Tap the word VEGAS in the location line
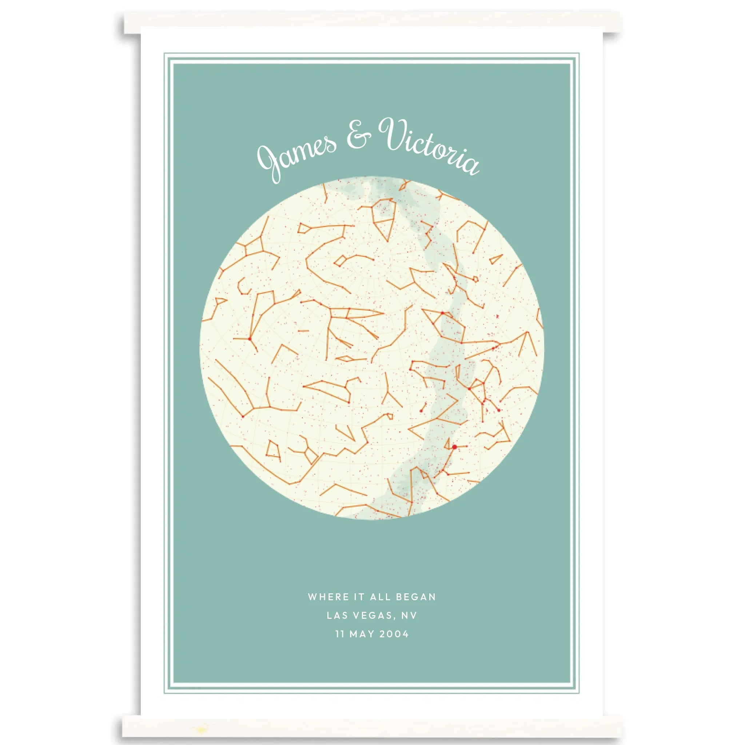tap(372, 615)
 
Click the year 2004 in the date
tap(394, 634)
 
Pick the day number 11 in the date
tap(340, 634)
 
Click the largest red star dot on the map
tap(455, 447)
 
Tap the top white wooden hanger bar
tap(372, 22)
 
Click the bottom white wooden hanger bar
tap(372, 726)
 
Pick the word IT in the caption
tap(359, 597)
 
